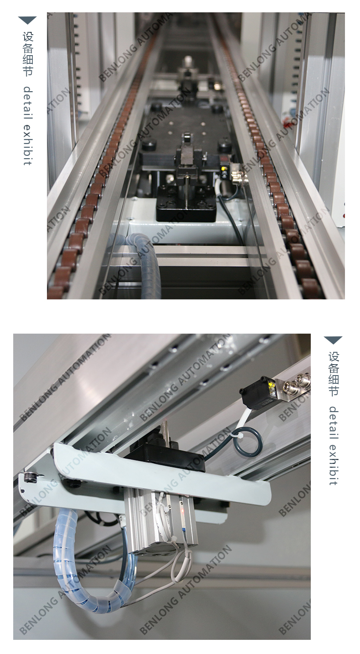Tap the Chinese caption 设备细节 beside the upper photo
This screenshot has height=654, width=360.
point(28,54)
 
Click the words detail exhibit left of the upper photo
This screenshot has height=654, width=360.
point(28,125)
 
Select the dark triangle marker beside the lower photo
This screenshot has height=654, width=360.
point(333,340)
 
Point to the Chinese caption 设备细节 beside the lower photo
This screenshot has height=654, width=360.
point(334,374)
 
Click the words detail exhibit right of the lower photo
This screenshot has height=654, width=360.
point(334,446)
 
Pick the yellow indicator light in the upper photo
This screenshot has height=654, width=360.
point(223,169)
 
